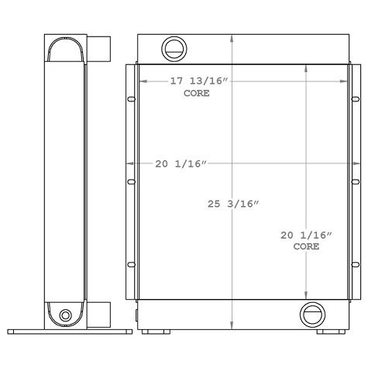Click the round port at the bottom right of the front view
[311, 314]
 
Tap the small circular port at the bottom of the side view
[65, 315]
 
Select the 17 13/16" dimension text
[200, 81]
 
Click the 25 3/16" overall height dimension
[233, 204]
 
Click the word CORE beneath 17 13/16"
[196, 93]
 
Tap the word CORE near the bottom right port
[306, 246]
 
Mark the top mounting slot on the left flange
[131, 99]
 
